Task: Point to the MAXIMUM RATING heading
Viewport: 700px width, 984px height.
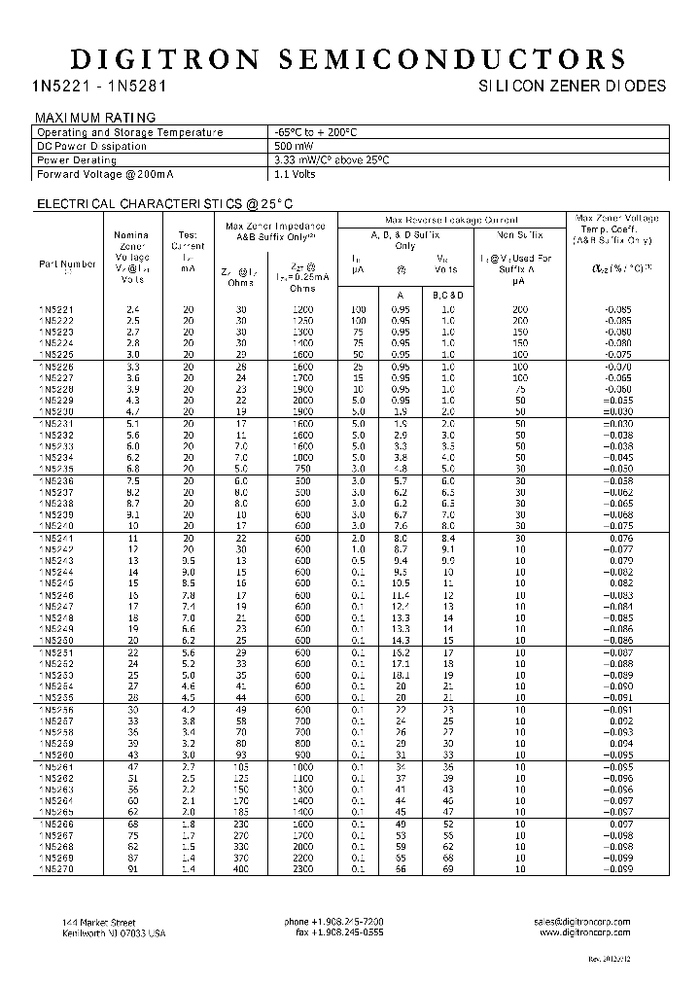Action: (x=95, y=118)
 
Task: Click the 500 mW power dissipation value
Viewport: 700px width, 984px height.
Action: (x=295, y=146)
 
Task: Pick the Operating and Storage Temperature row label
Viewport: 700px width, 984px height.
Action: (x=129, y=132)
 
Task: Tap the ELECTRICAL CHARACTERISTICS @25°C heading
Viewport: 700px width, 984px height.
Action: (x=164, y=204)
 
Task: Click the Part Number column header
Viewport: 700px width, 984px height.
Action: (x=67, y=264)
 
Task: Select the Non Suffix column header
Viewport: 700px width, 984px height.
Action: (x=520, y=234)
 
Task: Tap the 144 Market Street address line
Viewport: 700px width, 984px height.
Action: (x=98, y=922)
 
